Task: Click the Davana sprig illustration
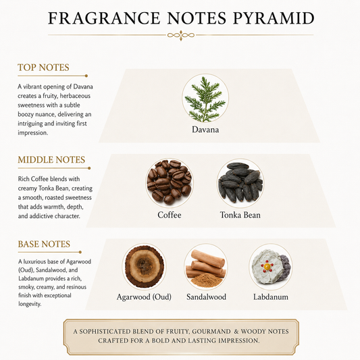pyautogui.click(x=205, y=99)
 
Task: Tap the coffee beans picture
pyautogui.click(x=170, y=182)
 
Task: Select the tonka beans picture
pyautogui.click(x=240, y=182)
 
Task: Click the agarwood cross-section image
pyautogui.click(x=144, y=266)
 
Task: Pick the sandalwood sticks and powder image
pyautogui.click(x=205, y=267)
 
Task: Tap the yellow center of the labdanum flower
pyautogui.click(x=267, y=267)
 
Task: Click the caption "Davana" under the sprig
pyautogui.click(x=205, y=130)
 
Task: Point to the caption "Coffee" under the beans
pyautogui.click(x=170, y=215)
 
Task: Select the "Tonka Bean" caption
pyautogui.click(x=240, y=215)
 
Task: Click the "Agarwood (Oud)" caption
pyautogui.click(x=144, y=297)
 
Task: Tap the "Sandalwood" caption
pyautogui.click(x=206, y=297)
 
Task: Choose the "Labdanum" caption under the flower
pyautogui.click(x=271, y=297)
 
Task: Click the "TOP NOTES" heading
pyautogui.click(x=43, y=68)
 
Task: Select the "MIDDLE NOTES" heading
pyautogui.click(x=51, y=160)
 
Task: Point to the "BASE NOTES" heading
pyautogui.click(x=44, y=244)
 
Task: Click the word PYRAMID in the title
pyautogui.click(x=274, y=18)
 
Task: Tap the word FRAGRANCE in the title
pyautogui.click(x=104, y=18)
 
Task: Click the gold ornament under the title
pyautogui.click(x=181, y=35)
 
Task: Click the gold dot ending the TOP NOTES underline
pyautogui.click(x=86, y=76)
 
